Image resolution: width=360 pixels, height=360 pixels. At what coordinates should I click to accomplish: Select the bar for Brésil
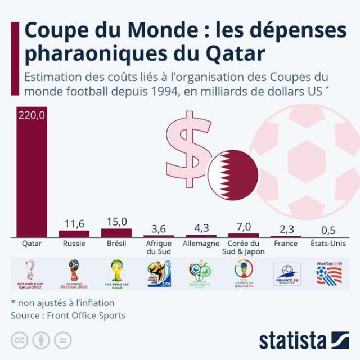coord(116,232)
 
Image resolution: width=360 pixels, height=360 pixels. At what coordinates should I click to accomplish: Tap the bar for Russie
coord(74,233)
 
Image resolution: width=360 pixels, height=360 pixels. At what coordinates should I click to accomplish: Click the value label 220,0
coord(31,116)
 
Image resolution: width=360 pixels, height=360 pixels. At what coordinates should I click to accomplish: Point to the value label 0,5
coord(328,230)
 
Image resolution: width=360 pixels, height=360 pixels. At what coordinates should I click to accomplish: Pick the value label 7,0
coord(244,226)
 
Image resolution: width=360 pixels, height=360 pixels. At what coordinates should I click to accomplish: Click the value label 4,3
coord(201,228)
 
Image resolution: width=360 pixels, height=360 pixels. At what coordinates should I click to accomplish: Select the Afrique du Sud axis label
coord(159,247)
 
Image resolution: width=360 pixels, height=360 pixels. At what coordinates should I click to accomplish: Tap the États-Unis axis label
coord(328,244)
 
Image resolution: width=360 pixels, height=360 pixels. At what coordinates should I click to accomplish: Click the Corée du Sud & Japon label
coord(244,247)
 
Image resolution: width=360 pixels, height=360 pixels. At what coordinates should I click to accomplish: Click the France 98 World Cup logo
coord(287,274)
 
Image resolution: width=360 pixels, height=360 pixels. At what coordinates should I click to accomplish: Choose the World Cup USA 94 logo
coord(329,273)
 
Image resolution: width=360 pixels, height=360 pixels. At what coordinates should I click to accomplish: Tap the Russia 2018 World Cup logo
coord(74,273)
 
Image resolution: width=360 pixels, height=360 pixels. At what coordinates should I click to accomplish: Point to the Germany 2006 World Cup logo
coord(201,274)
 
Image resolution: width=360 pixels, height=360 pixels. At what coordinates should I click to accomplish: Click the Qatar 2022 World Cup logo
coord(31,273)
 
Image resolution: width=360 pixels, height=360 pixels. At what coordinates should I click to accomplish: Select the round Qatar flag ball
coord(233,175)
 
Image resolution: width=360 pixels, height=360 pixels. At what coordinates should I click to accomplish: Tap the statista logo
coord(304,340)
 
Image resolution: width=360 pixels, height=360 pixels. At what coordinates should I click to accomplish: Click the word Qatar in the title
coord(231,55)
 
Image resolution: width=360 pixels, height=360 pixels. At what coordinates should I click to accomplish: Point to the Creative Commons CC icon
coord(20,340)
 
